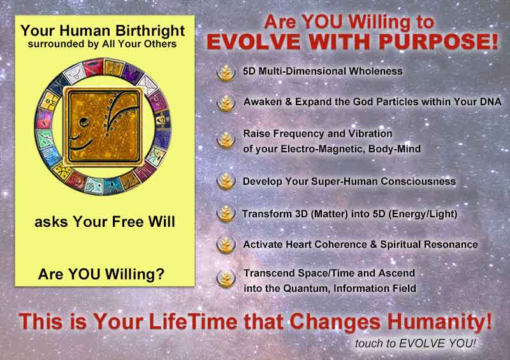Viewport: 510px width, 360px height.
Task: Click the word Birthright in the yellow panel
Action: click(x=150, y=31)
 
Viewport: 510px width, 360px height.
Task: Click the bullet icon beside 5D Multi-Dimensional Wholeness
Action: click(x=226, y=72)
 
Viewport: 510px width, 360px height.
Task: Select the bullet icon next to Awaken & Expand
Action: click(x=226, y=103)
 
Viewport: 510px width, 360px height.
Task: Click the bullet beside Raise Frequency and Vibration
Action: click(x=226, y=140)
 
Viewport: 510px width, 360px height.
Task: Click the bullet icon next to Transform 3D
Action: click(x=226, y=213)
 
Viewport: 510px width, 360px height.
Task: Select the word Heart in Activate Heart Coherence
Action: click(x=297, y=245)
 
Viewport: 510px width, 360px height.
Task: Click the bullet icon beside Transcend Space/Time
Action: click(x=226, y=278)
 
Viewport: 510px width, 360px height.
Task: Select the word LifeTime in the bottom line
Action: click(x=193, y=322)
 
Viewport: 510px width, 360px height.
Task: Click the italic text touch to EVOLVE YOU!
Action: click(x=416, y=343)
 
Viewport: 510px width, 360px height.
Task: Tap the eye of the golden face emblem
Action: click(x=84, y=122)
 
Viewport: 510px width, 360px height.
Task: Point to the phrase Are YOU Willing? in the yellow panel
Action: click(x=101, y=274)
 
